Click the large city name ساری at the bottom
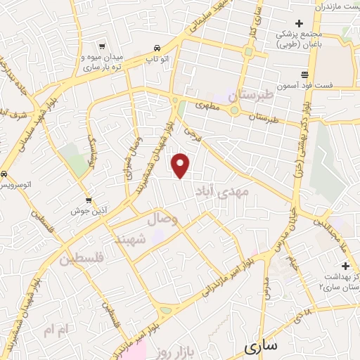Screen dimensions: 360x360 pyautogui.click(x=262, y=345)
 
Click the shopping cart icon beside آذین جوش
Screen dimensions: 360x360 pyautogui.click(x=88, y=199)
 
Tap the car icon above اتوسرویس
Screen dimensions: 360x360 pyautogui.click(x=5, y=174)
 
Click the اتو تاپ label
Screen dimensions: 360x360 pyautogui.click(x=156, y=60)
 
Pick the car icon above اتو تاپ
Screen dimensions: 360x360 pyautogui.click(x=156, y=49)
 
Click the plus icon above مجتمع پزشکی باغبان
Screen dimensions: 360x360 pyautogui.click(x=299, y=23)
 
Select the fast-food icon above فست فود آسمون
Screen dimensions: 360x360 pyautogui.click(x=304, y=73)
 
